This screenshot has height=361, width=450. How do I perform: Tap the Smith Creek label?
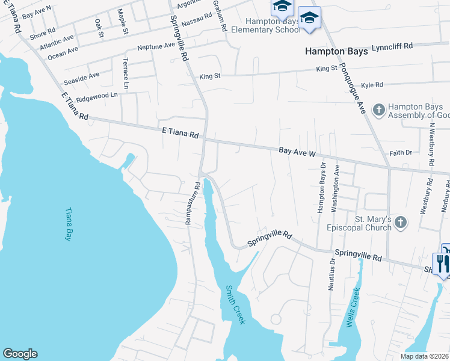pyautogui.click(x=235, y=305)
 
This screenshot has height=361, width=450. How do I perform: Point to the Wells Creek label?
pyautogui.click(x=353, y=307)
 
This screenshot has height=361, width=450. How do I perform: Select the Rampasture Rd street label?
pyautogui.click(x=192, y=203)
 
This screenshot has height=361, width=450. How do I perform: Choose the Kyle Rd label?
pyautogui.click(x=371, y=85)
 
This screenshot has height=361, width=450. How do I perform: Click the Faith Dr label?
pyautogui.click(x=400, y=153)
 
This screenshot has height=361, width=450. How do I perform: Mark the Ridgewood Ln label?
pyautogui.click(x=96, y=96)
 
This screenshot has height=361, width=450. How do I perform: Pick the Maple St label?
pyautogui.click(x=123, y=21)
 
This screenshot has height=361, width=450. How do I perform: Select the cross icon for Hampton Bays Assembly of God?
pyautogui.click(x=378, y=110)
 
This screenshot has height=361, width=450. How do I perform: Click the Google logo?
pyautogui.click(x=20, y=354)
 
